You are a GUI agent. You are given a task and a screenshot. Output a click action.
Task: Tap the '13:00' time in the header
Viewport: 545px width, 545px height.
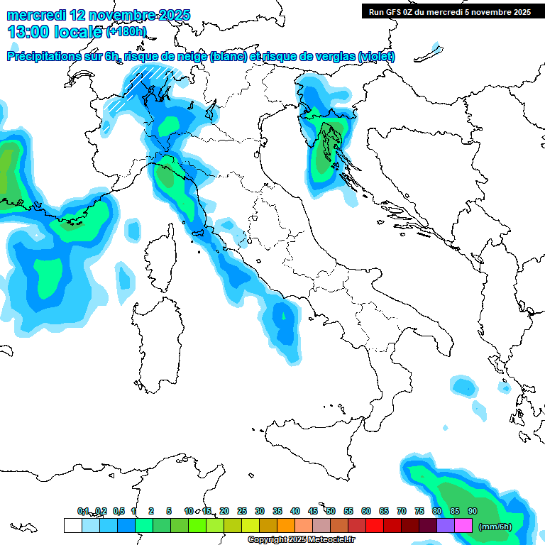[x=28, y=31]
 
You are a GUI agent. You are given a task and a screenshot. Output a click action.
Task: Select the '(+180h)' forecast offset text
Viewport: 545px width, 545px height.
[x=126, y=32]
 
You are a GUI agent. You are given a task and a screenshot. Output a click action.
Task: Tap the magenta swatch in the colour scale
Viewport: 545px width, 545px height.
[x=463, y=526]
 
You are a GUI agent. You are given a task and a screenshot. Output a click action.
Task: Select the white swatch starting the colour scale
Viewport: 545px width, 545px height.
[x=72, y=526]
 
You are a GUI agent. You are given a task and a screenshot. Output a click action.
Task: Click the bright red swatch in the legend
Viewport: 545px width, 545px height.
[x=374, y=526]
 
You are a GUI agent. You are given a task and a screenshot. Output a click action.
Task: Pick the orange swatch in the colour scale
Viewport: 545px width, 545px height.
[x=285, y=526]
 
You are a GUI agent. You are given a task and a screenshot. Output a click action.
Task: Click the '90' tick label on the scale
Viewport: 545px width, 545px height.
[x=472, y=511]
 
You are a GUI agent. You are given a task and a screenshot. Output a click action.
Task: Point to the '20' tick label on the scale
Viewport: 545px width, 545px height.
[x=224, y=511]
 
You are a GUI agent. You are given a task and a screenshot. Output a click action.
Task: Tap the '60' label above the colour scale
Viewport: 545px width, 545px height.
[x=365, y=511]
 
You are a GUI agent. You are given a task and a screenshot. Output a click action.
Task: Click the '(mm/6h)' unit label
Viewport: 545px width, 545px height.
[x=495, y=527]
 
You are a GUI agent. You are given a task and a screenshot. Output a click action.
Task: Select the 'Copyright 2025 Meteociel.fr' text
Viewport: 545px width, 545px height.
[x=301, y=539]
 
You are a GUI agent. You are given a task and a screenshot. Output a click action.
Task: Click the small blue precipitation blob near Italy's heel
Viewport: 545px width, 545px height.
[x=464, y=387]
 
